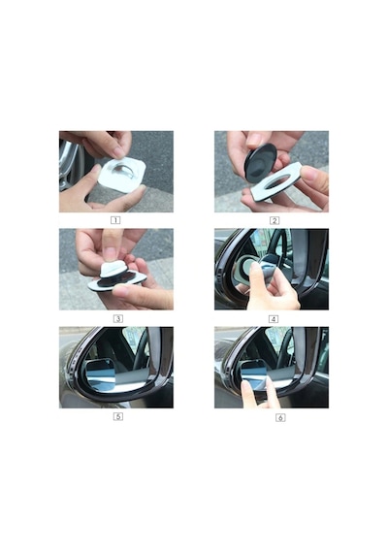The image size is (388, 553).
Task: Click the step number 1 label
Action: point(115,220)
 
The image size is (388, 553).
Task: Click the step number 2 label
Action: point(275,221)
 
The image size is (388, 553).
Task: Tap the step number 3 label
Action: point(117,319)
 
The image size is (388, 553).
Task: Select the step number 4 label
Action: point(274,319)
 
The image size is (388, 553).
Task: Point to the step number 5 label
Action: point(117,416)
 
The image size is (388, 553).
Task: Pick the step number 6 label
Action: point(280,418)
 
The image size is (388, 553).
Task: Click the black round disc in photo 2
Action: point(260,162)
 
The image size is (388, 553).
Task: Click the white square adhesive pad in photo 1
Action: point(121,176)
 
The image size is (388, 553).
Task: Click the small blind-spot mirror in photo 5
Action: point(100,374)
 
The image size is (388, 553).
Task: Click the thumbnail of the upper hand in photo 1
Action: point(118,152)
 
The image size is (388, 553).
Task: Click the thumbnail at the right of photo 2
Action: point(309,173)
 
